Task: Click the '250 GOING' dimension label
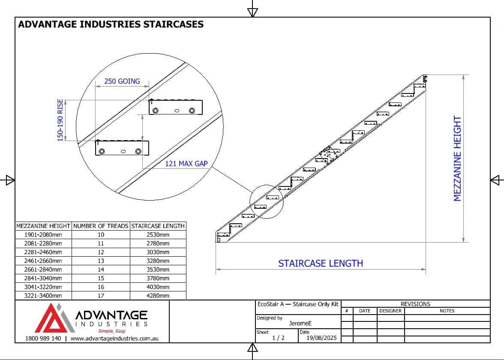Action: tap(122, 81)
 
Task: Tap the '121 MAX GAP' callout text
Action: tap(186, 163)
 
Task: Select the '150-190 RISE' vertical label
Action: tap(60, 120)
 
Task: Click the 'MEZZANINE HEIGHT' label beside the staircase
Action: tap(457, 159)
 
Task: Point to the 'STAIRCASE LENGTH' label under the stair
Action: tap(321, 263)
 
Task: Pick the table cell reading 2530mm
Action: tap(158, 234)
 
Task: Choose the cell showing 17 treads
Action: tap(101, 295)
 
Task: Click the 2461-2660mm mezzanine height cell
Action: tap(43, 261)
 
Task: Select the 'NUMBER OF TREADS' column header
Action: tap(101, 225)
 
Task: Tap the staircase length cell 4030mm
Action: tap(158, 287)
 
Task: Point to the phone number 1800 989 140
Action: tap(43, 338)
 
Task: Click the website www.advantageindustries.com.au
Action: tap(114, 338)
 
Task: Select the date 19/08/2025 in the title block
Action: tap(321, 338)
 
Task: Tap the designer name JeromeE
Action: tap(300, 324)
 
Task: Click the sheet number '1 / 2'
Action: tap(278, 338)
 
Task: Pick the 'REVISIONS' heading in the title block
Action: tap(415, 304)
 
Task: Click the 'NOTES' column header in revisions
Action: tap(447, 311)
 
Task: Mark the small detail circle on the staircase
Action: tap(267, 202)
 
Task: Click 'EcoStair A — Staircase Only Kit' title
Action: tap(297, 304)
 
